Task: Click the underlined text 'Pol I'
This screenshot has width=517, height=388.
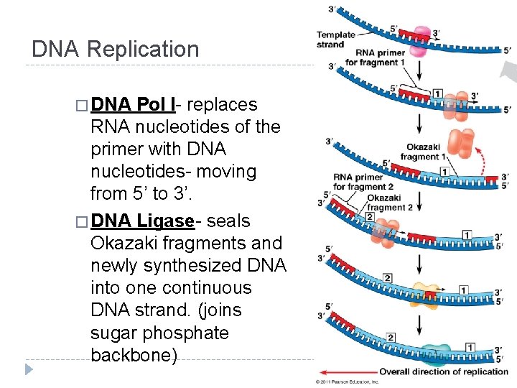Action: (154, 105)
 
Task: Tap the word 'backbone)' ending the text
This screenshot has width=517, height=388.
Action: (134, 356)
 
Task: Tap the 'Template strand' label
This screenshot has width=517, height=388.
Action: (335, 40)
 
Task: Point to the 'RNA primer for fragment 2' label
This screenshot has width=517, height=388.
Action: (358, 182)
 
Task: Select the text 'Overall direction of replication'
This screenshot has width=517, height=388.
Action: (444, 371)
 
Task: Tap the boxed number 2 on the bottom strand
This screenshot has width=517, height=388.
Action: (391, 337)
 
